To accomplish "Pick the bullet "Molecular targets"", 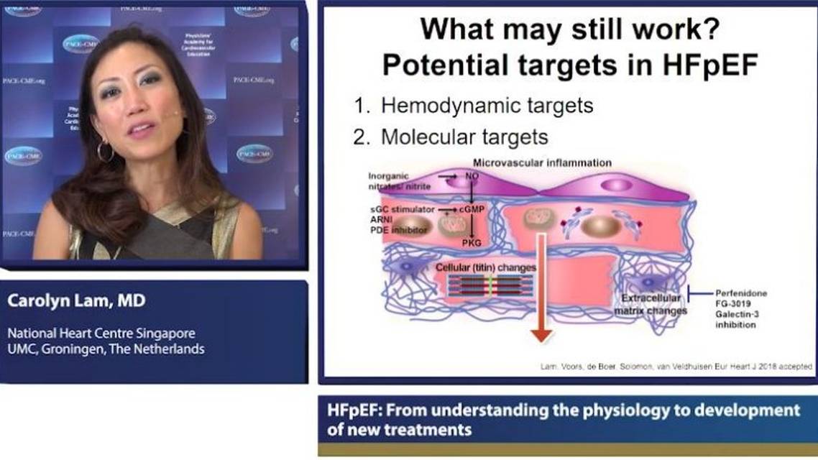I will point(464,137).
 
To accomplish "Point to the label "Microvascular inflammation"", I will point(542,163).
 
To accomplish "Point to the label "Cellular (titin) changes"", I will point(487,267).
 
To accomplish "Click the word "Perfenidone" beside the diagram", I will point(741,293).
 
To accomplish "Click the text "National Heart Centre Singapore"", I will point(101,334).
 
